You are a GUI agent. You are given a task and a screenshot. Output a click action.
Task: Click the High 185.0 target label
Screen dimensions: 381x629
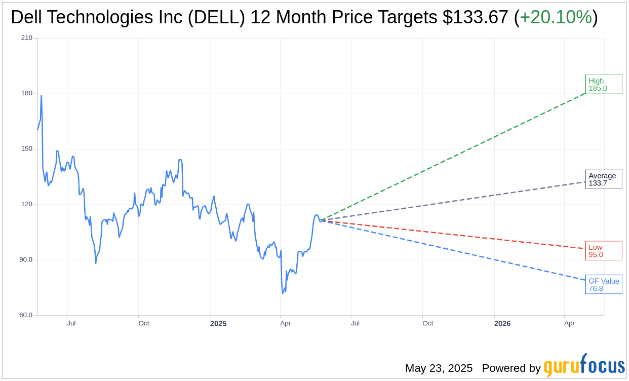pyautogui.click(x=603, y=84)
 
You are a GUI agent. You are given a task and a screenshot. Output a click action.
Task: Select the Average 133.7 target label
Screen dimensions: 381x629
pyautogui.click(x=603, y=179)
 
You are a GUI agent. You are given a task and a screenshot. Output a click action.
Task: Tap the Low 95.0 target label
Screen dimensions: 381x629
pyautogui.click(x=603, y=251)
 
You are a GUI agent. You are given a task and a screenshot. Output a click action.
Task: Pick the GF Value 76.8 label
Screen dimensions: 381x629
pyautogui.click(x=603, y=284)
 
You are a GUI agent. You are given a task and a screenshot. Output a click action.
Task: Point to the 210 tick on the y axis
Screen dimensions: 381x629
pyautogui.click(x=27, y=38)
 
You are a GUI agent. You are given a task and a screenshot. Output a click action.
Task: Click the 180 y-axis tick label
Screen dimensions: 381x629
pyautogui.click(x=27, y=93)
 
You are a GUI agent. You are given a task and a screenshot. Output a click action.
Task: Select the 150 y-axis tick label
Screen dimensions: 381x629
pyautogui.click(x=27, y=149)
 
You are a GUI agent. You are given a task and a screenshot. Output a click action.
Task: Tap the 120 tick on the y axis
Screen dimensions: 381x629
pyautogui.click(x=27, y=204)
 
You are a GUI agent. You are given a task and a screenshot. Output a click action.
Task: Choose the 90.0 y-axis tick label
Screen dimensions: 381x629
pyautogui.click(x=26, y=260)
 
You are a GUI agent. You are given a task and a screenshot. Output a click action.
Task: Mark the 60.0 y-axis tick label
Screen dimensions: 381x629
pyautogui.click(x=26, y=315)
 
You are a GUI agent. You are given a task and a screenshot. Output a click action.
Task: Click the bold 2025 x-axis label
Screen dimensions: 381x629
pyautogui.click(x=218, y=323)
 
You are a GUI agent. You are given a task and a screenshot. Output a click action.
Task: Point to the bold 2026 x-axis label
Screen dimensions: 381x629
pyautogui.click(x=502, y=323)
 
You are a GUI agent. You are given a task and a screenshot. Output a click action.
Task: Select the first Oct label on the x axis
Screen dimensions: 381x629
pyautogui.click(x=144, y=323)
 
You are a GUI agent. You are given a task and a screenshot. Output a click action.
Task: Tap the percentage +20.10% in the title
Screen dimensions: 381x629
pyautogui.click(x=556, y=17)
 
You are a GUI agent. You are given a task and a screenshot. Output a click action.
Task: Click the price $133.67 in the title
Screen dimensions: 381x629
pyautogui.click(x=475, y=17)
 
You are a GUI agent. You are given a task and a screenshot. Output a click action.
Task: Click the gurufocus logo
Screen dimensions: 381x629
pyautogui.click(x=584, y=366)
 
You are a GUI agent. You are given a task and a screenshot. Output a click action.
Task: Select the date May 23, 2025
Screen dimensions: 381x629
pyautogui.click(x=439, y=368)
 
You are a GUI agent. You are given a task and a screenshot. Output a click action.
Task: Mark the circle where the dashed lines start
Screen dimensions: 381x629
pyautogui.click(x=321, y=220)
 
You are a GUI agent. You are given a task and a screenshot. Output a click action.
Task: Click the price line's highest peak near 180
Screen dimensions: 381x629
pyautogui.click(x=41, y=96)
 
